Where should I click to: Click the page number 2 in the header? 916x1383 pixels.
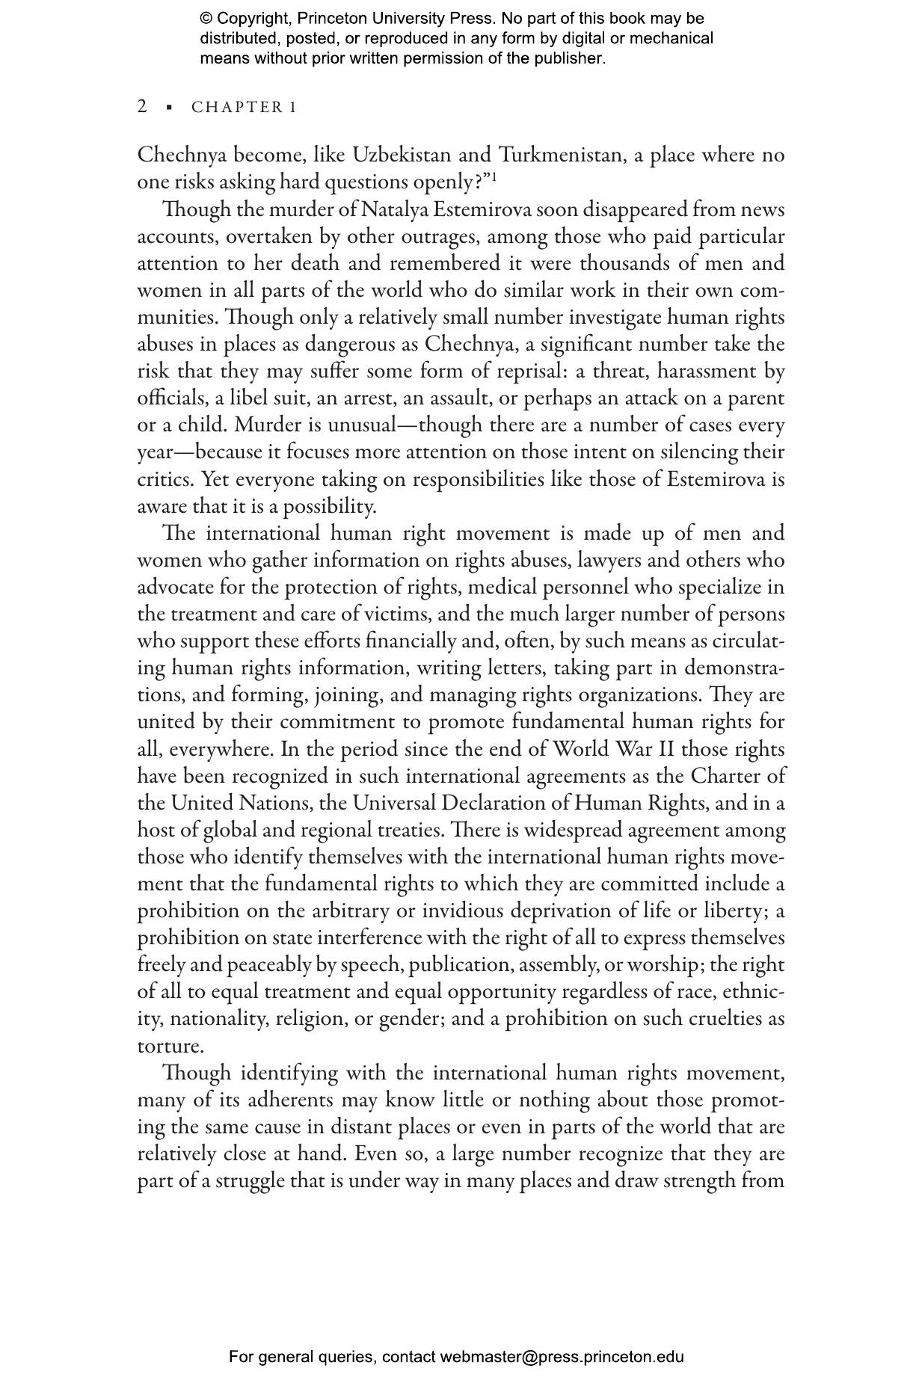click(x=142, y=106)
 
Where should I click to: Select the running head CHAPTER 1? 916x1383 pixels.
click(x=244, y=108)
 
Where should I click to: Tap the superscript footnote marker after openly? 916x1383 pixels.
click(x=494, y=176)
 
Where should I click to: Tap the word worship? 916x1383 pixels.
click(x=663, y=964)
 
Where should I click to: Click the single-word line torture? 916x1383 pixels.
click(x=170, y=1046)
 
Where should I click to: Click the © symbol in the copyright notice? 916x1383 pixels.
click(x=206, y=19)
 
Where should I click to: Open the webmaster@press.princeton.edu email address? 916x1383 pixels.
click(x=562, y=1357)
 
